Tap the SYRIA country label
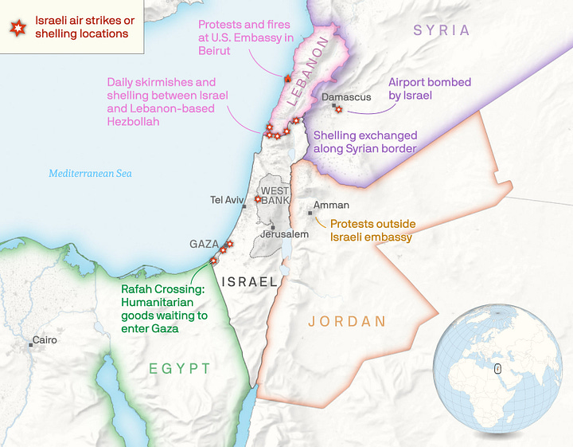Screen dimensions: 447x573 tap(442, 30)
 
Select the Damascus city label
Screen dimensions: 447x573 tap(346, 97)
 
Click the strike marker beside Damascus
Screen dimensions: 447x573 tap(338, 110)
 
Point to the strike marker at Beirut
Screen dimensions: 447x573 tap(286, 77)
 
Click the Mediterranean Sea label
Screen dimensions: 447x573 tap(90, 173)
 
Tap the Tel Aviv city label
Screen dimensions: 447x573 tap(227, 200)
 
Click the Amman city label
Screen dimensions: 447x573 tap(331, 205)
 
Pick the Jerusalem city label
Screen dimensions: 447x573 tap(283, 235)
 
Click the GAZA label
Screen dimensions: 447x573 tap(204, 244)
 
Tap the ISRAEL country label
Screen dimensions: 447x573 tap(250, 281)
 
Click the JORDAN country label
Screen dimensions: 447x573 tap(347, 322)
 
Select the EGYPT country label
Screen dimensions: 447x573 tap(180, 368)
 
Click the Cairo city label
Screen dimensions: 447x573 tap(45, 340)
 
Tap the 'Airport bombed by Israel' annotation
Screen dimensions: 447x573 tap(429, 88)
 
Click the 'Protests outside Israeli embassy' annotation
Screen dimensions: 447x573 tap(372, 230)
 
